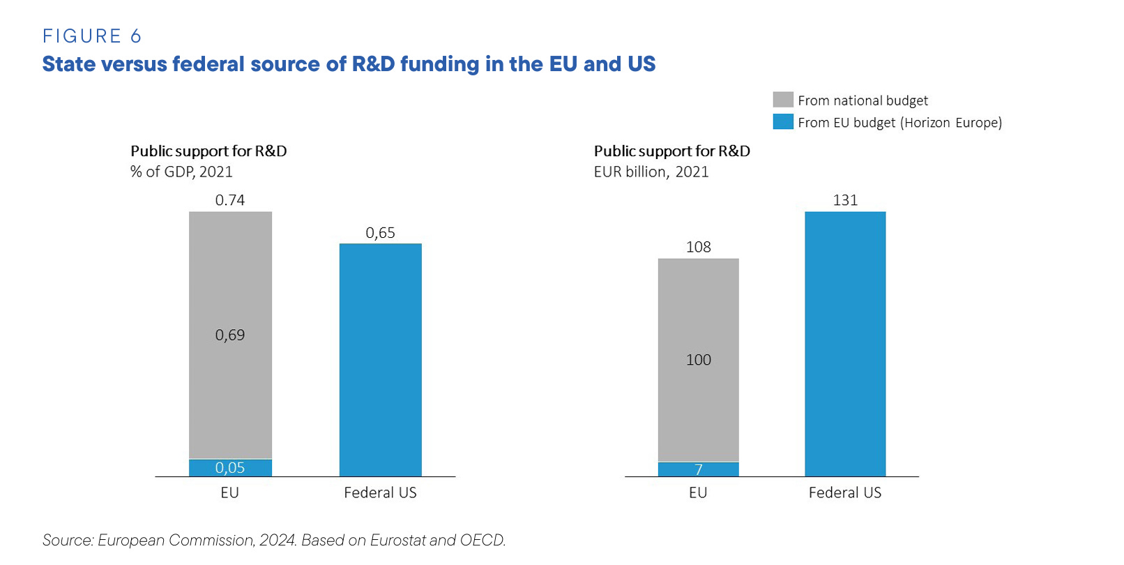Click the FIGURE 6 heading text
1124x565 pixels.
pyautogui.click(x=92, y=36)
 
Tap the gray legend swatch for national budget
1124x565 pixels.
pyautogui.click(x=783, y=100)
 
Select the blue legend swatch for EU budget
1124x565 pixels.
pyautogui.click(x=783, y=122)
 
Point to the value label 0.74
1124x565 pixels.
pyautogui.click(x=230, y=200)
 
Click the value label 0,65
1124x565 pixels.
pyautogui.click(x=380, y=233)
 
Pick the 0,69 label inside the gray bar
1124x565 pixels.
pyautogui.click(x=230, y=335)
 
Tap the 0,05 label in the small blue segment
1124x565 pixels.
pyautogui.click(x=230, y=468)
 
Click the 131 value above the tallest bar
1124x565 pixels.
pyautogui.click(x=845, y=200)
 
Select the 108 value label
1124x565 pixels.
pyautogui.click(x=698, y=247)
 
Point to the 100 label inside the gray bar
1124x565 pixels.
pyautogui.click(x=698, y=360)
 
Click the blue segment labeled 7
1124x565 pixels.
pyautogui.click(x=698, y=469)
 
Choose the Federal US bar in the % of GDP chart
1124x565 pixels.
pyautogui.click(x=380, y=359)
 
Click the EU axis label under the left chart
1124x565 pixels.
pyautogui.click(x=230, y=492)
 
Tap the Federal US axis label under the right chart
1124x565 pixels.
pyautogui.click(x=845, y=492)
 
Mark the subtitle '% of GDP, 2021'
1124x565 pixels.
pyautogui.click(x=181, y=172)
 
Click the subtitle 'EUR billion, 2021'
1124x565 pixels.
pyautogui.click(x=651, y=172)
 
